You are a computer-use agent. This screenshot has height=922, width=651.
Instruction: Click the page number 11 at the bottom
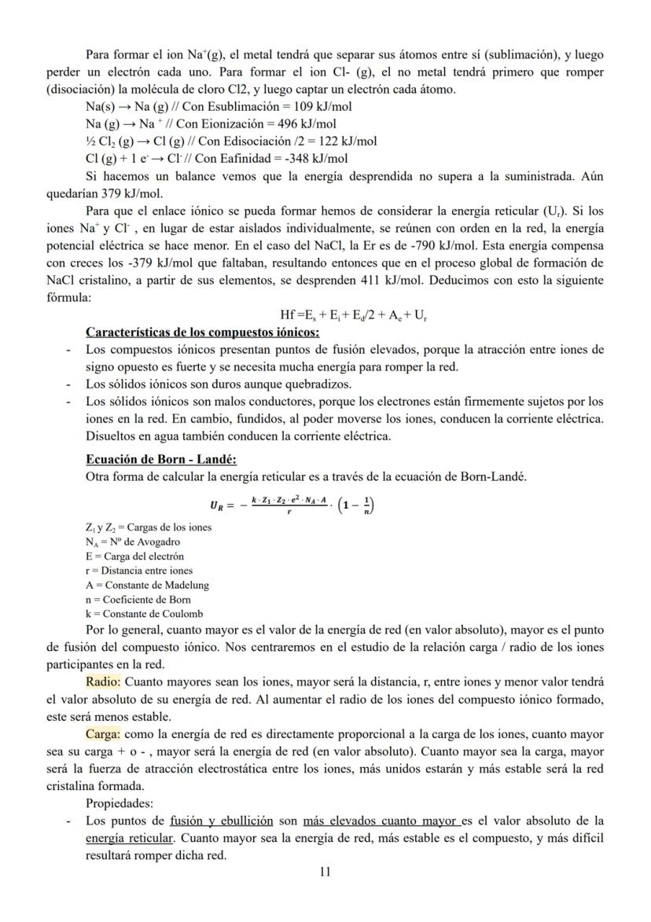click(x=325, y=872)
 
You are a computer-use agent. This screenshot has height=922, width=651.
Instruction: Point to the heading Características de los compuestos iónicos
click(x=202, y=332)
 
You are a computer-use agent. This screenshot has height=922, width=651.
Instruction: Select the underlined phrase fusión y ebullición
click(x=221, y=821)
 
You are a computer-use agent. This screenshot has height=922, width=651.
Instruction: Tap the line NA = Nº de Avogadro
click(x=132, y=542)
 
